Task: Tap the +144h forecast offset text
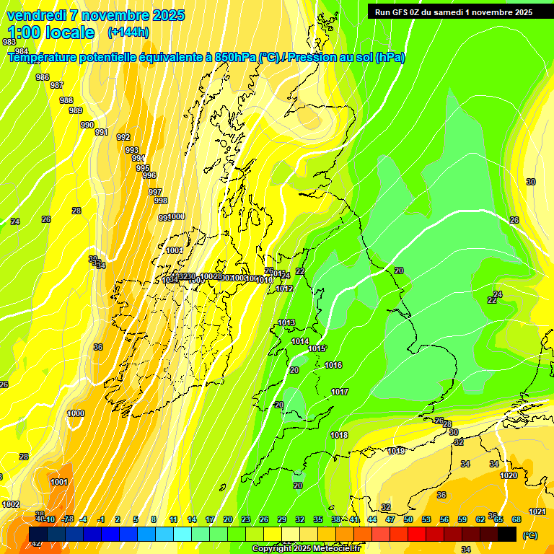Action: pos(128,32)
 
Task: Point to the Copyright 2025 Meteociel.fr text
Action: pos(307,549)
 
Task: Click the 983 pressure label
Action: pos(9,43)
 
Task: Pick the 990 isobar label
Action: pos(87,125)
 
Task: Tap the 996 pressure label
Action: pos(149,175)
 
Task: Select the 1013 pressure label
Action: pos(286,322)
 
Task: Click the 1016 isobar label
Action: pos(333,366)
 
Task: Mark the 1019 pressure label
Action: pos(396,451)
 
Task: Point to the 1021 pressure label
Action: pos(537,511)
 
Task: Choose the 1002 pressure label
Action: pos(11,504)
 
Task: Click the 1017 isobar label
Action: pos(340,392)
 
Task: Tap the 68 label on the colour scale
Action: pos(516,519)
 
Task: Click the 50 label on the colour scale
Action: pos(408,519)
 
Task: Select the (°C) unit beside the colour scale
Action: pos(529,535)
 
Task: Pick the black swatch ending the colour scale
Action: pos(507,534)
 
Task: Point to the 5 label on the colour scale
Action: pos(136,519)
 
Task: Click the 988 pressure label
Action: pos(66,100)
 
